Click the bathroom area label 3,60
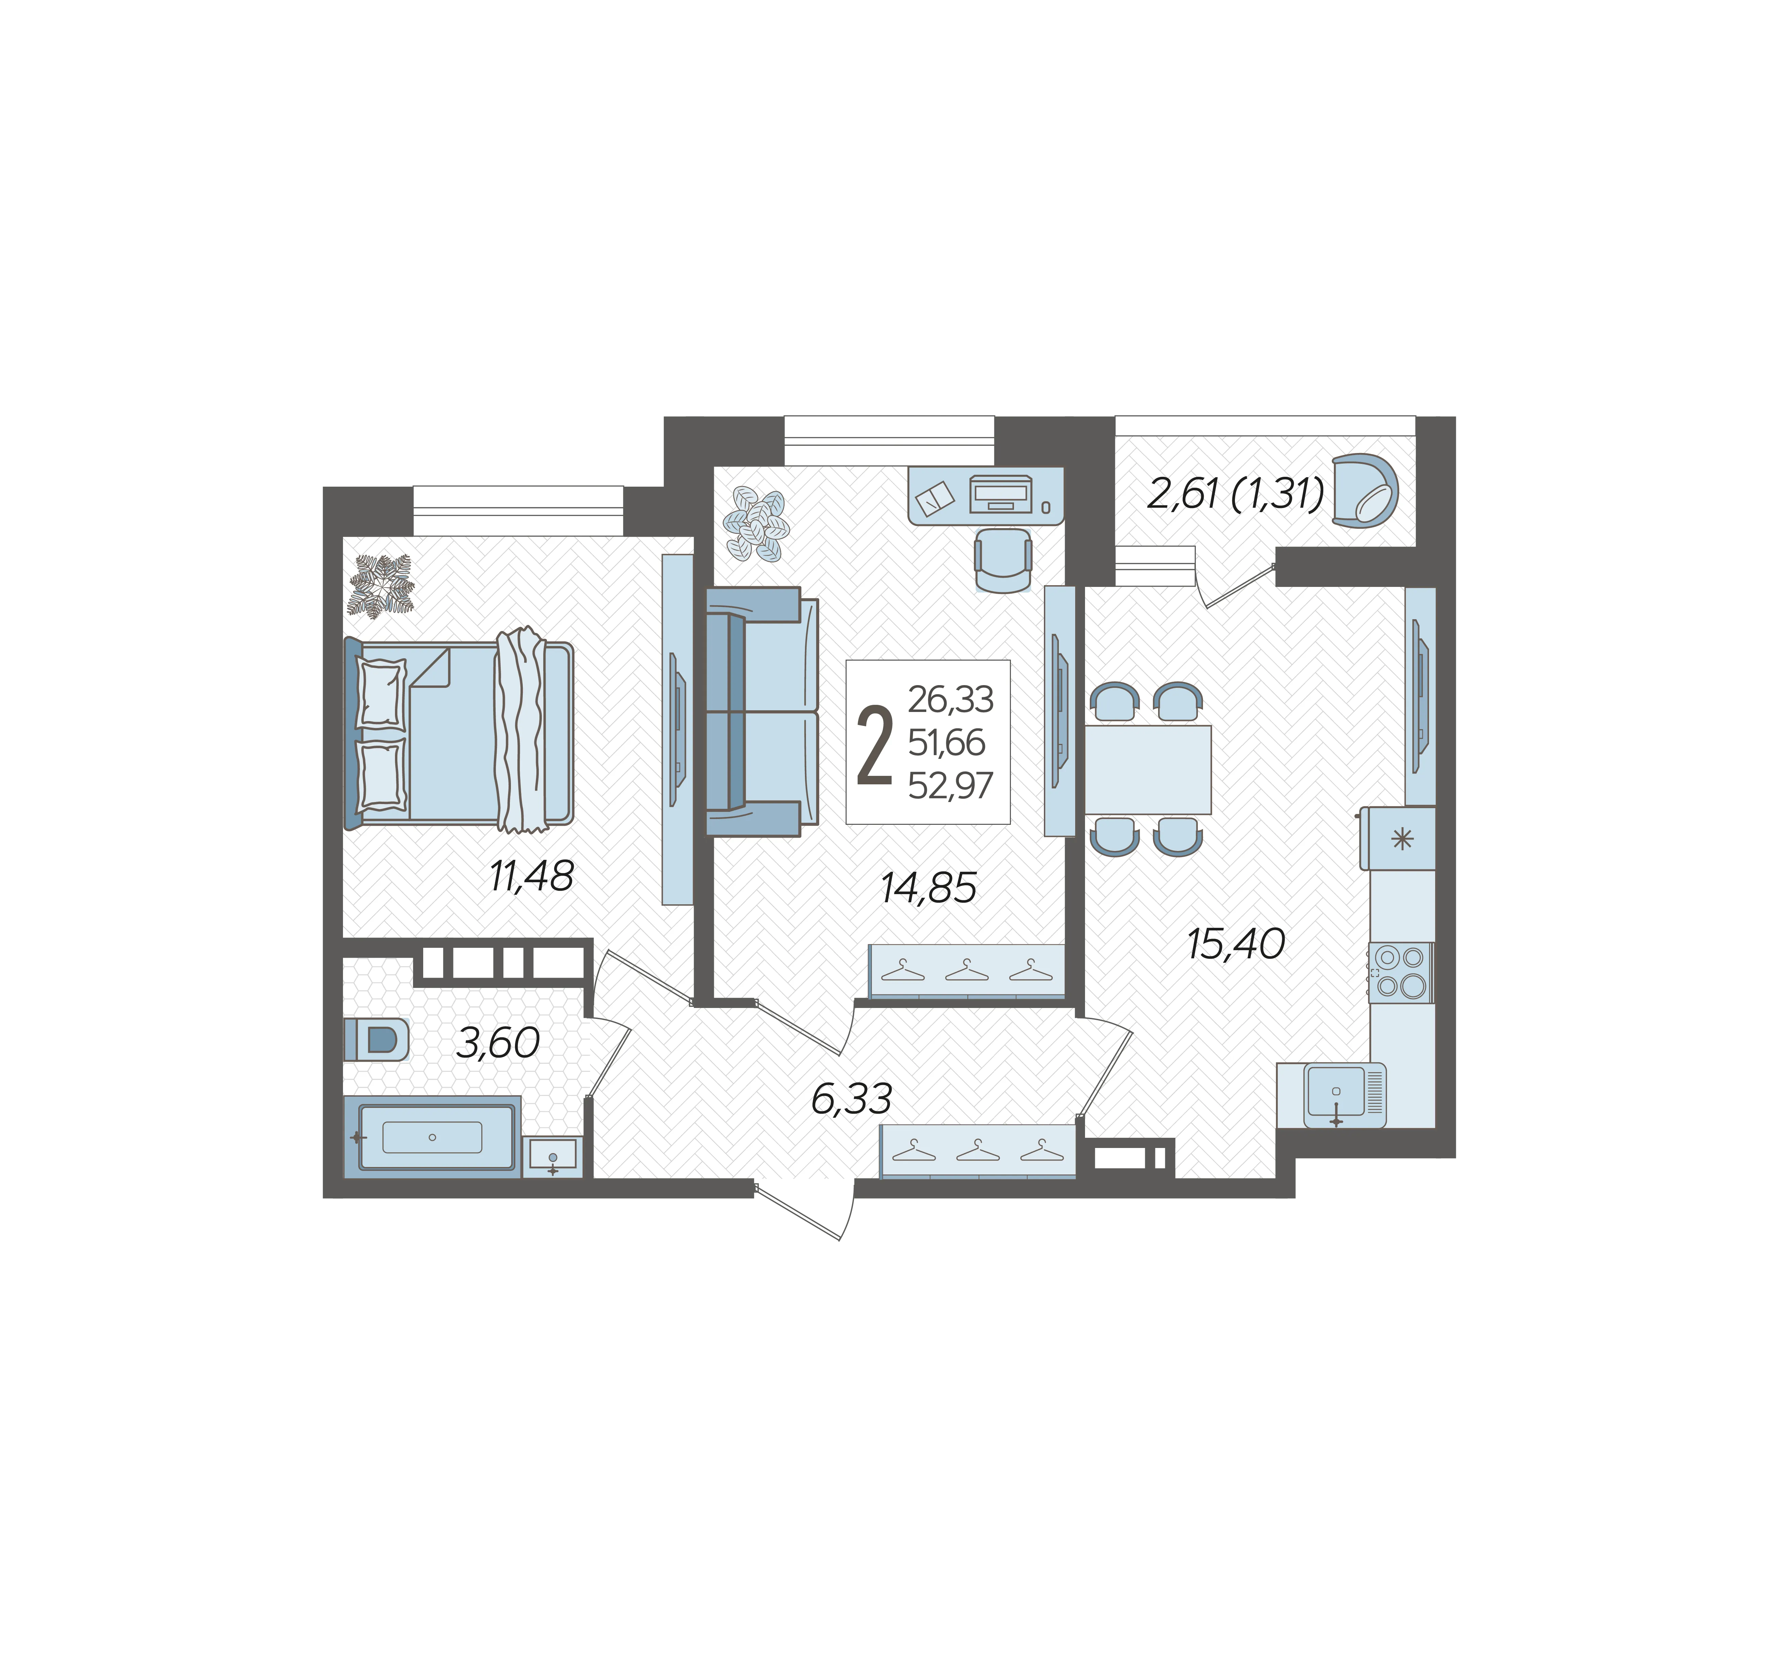(497, 1043)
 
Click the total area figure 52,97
(950, 785)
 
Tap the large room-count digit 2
(874, 746)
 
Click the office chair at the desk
(1004, 560)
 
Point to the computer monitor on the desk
(1001, 494)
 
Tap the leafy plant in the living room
(756, 525)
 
